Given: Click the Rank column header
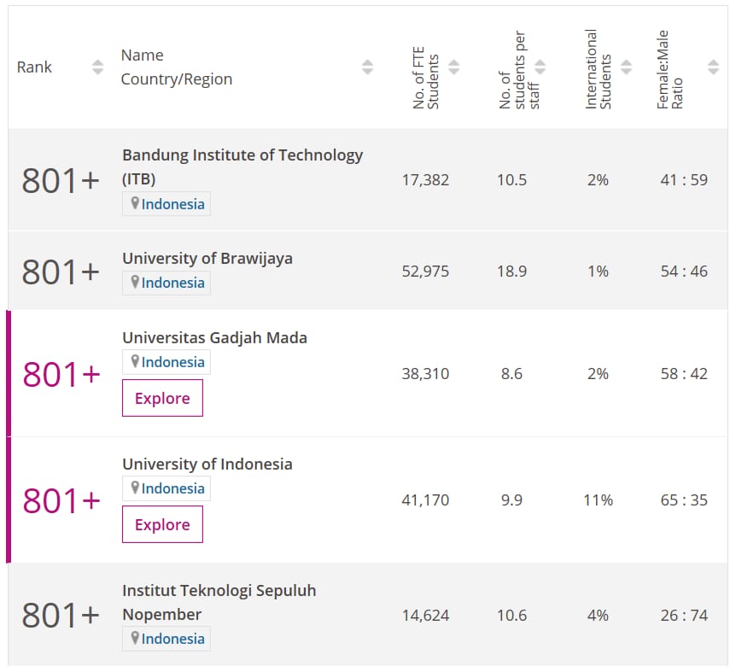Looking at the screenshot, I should tap(35, 67).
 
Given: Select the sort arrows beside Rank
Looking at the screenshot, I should tap(97, 67).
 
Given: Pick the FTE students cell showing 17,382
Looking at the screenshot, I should tap(425, 180).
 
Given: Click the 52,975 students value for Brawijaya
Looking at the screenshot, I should tap(425, 272).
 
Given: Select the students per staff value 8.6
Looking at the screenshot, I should tap(511, 374).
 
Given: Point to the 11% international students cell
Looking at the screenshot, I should tap(598, 500).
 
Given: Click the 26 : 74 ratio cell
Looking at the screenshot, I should tap(683, 616).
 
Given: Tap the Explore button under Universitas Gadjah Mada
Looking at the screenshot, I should tap(162, 399).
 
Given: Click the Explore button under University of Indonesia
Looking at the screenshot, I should tap(162, 525).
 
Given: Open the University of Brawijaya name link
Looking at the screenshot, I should tap(207, 259).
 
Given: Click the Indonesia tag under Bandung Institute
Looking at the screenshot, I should tap(166, 204).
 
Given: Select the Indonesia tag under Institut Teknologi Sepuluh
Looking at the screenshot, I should tap(166, 639).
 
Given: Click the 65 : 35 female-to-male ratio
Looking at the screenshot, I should tap(683, 500).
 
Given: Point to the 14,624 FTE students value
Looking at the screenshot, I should tap(425, 616).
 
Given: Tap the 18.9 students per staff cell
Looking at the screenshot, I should tap(511, 272).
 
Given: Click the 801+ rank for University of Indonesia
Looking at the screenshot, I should tap(61, 500).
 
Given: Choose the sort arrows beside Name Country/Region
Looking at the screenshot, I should tap(367, 67).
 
